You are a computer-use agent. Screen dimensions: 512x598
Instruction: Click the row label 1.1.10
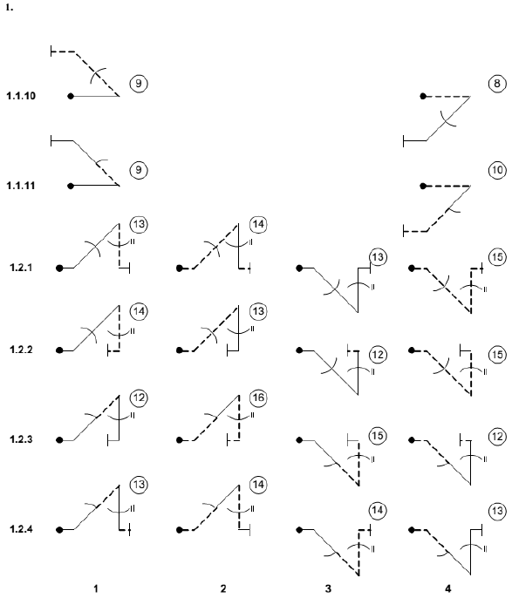click(x=21, y=96)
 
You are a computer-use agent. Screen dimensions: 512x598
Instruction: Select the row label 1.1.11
click(x=21, y=186)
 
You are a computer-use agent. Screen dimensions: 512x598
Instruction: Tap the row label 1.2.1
click(x=21, y=268)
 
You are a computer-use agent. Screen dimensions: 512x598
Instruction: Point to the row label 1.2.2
click(x=21, y=350)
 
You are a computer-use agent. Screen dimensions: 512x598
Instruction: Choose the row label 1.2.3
click(x=21, y=439)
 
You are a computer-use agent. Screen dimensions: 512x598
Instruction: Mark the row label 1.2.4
click(x=21, y=529)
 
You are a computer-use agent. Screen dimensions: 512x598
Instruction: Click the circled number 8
click(x=497, y=83)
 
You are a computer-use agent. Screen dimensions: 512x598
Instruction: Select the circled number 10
click(x=497, y=170)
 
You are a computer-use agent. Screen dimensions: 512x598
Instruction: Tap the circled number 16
click(x=258, y=398)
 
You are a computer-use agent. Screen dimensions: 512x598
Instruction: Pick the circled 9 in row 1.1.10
click(x=139, y=83)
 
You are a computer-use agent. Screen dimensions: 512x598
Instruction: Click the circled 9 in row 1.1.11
click(x=139, y=170)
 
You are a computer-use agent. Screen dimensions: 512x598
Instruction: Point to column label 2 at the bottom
click(x=223, y=589)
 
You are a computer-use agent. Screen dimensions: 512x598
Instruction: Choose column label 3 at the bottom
click(x=328, y=589)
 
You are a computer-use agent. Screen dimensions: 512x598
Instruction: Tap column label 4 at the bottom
click(x=448, y=589)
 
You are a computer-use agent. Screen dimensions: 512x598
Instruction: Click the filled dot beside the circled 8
click(x=423, y=96)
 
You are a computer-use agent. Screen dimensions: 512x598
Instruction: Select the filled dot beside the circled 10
click(x=423, y=186)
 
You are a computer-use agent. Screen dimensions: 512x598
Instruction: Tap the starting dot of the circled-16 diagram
click(x=180, y=440)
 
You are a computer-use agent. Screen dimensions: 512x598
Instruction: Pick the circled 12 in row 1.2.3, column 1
click(x=139, y=398)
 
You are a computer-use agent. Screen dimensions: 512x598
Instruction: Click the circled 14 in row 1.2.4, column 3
click(x=378, y=510)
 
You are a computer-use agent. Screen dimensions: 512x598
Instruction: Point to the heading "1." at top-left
click(x=10, y=8)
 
